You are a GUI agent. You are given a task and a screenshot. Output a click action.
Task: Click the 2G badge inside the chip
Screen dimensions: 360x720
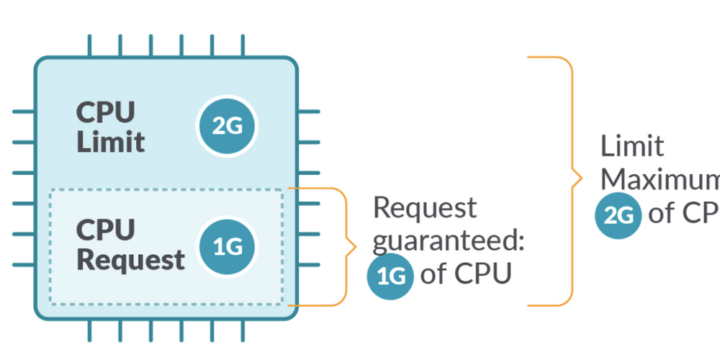pos(228,127)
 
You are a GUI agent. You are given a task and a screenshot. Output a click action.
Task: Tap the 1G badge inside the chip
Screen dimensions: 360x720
pos(228,246)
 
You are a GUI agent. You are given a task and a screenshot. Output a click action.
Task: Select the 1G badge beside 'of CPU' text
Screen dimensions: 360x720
pos(390,276)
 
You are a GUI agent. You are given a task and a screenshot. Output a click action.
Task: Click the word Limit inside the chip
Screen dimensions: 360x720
pos(110,142)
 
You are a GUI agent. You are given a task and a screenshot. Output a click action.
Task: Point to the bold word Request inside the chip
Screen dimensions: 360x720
pos(130,260)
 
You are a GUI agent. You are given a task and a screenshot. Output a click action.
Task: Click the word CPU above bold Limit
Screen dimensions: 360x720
pos(105,112)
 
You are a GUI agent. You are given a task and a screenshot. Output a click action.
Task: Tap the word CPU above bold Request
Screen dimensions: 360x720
pos(105,230)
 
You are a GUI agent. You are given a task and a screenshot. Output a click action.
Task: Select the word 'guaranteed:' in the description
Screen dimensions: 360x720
pos(448,241)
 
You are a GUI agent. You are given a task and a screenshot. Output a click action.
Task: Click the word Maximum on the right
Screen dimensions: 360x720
pos(660,179)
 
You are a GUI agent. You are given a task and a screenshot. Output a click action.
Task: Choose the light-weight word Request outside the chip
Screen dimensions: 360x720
pos(425,208)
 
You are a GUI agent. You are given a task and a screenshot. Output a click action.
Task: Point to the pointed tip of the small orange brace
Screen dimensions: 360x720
pos(355,248)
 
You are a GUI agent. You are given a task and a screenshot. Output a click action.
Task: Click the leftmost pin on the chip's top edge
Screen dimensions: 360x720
pos(90,45)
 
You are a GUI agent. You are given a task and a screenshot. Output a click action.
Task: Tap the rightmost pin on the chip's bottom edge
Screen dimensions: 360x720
pos(242,330)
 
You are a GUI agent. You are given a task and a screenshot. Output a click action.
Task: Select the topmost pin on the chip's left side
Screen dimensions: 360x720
pos(23,112)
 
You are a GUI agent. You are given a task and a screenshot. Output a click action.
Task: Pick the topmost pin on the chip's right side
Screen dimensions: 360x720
pos(309,112)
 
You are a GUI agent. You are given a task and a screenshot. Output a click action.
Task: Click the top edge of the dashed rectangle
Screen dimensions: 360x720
pos(166,190)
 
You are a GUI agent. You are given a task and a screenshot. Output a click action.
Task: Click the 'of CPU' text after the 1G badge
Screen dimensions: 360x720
pos(465,274)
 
